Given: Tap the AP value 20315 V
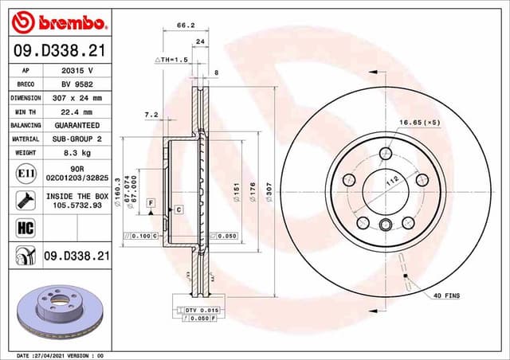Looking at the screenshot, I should tap(78, 70).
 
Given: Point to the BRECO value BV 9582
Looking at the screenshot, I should tap(78, 84).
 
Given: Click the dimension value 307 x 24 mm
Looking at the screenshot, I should tap(78, 97).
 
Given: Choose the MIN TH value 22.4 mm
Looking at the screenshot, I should tap(78, 112).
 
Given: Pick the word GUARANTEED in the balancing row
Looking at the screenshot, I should tap(78, 126).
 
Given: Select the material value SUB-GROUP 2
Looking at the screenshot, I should tap(78, 139).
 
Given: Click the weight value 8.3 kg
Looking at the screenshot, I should tap(78, 153).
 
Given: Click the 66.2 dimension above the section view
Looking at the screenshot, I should tap(185, 25).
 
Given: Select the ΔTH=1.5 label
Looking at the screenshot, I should tap(170, 60).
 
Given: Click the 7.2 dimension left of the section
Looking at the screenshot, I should tap(151, 115).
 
